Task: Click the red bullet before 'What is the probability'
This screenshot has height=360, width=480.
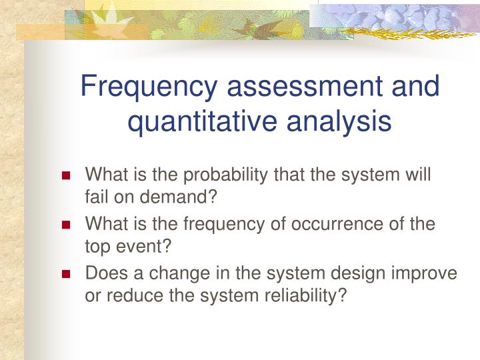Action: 66,177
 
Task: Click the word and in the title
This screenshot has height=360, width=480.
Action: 417,88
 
